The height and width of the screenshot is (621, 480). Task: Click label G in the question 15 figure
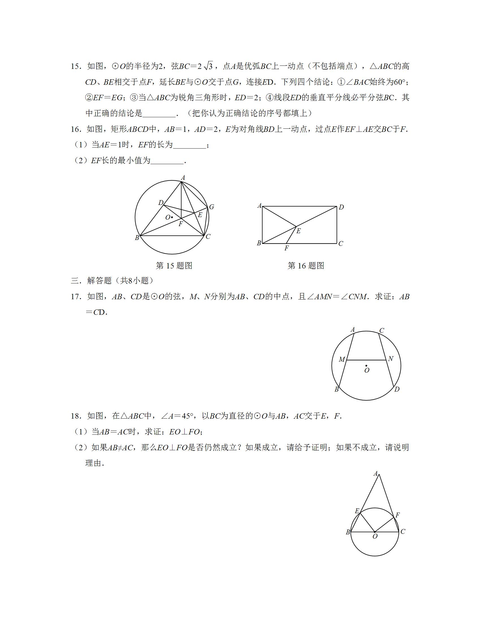coord(211,207)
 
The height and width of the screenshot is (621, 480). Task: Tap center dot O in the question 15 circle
coord(172,218)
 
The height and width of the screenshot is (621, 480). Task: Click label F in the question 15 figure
coord(181,224)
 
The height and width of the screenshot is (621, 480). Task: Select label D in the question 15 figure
coord(161,203)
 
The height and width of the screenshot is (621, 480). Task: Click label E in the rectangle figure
coord(298,231)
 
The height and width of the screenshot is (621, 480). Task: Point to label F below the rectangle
coord(286,248)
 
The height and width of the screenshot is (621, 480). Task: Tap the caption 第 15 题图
coord(174,266)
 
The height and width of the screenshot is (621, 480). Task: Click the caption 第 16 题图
coord(306,266)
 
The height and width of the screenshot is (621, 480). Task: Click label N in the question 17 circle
coord(391,359)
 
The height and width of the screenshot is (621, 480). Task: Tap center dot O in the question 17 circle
coord(366,366)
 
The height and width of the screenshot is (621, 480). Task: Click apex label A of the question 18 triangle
coord(376,474)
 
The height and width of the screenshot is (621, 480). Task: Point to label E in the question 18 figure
coord(357,511)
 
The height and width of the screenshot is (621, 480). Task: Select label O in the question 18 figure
coord(375,537)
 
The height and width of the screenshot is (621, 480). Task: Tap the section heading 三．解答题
coord(112,281)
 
